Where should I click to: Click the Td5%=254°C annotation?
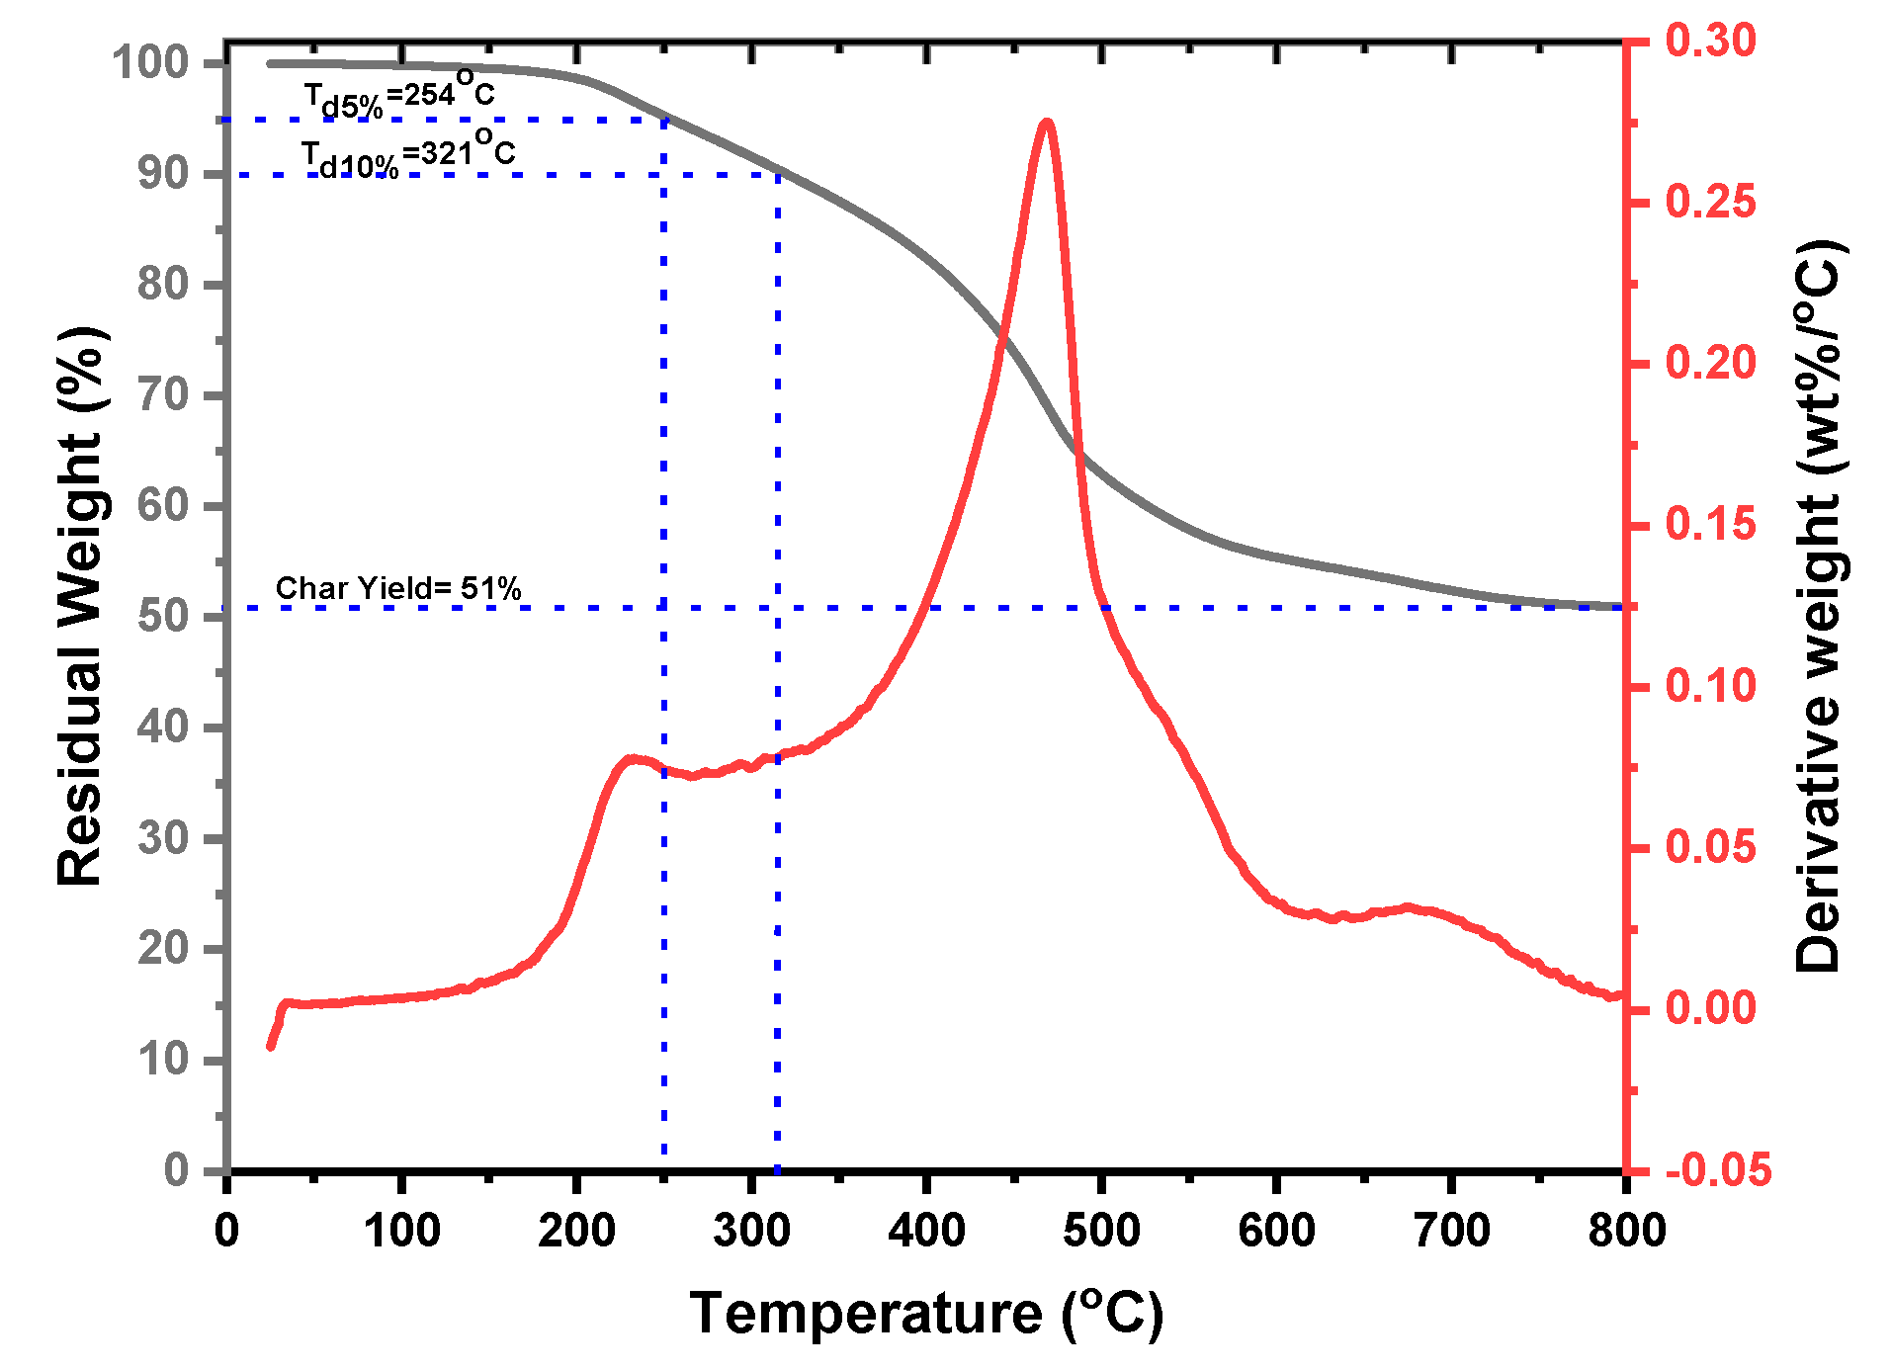397,93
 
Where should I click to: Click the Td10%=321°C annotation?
407,154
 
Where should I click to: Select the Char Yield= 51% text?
397,588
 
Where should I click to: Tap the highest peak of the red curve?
1047,124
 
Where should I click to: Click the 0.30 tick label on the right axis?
1710,41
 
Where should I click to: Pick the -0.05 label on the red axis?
1717,1169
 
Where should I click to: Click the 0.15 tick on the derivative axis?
1710,524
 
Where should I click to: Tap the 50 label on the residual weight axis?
162,616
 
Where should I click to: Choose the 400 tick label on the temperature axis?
926,1231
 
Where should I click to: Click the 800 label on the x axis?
1626,1231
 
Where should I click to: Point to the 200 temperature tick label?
576,1231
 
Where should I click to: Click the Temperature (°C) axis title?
926,1314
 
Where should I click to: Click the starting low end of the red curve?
270,1046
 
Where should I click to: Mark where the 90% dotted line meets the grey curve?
779,174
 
